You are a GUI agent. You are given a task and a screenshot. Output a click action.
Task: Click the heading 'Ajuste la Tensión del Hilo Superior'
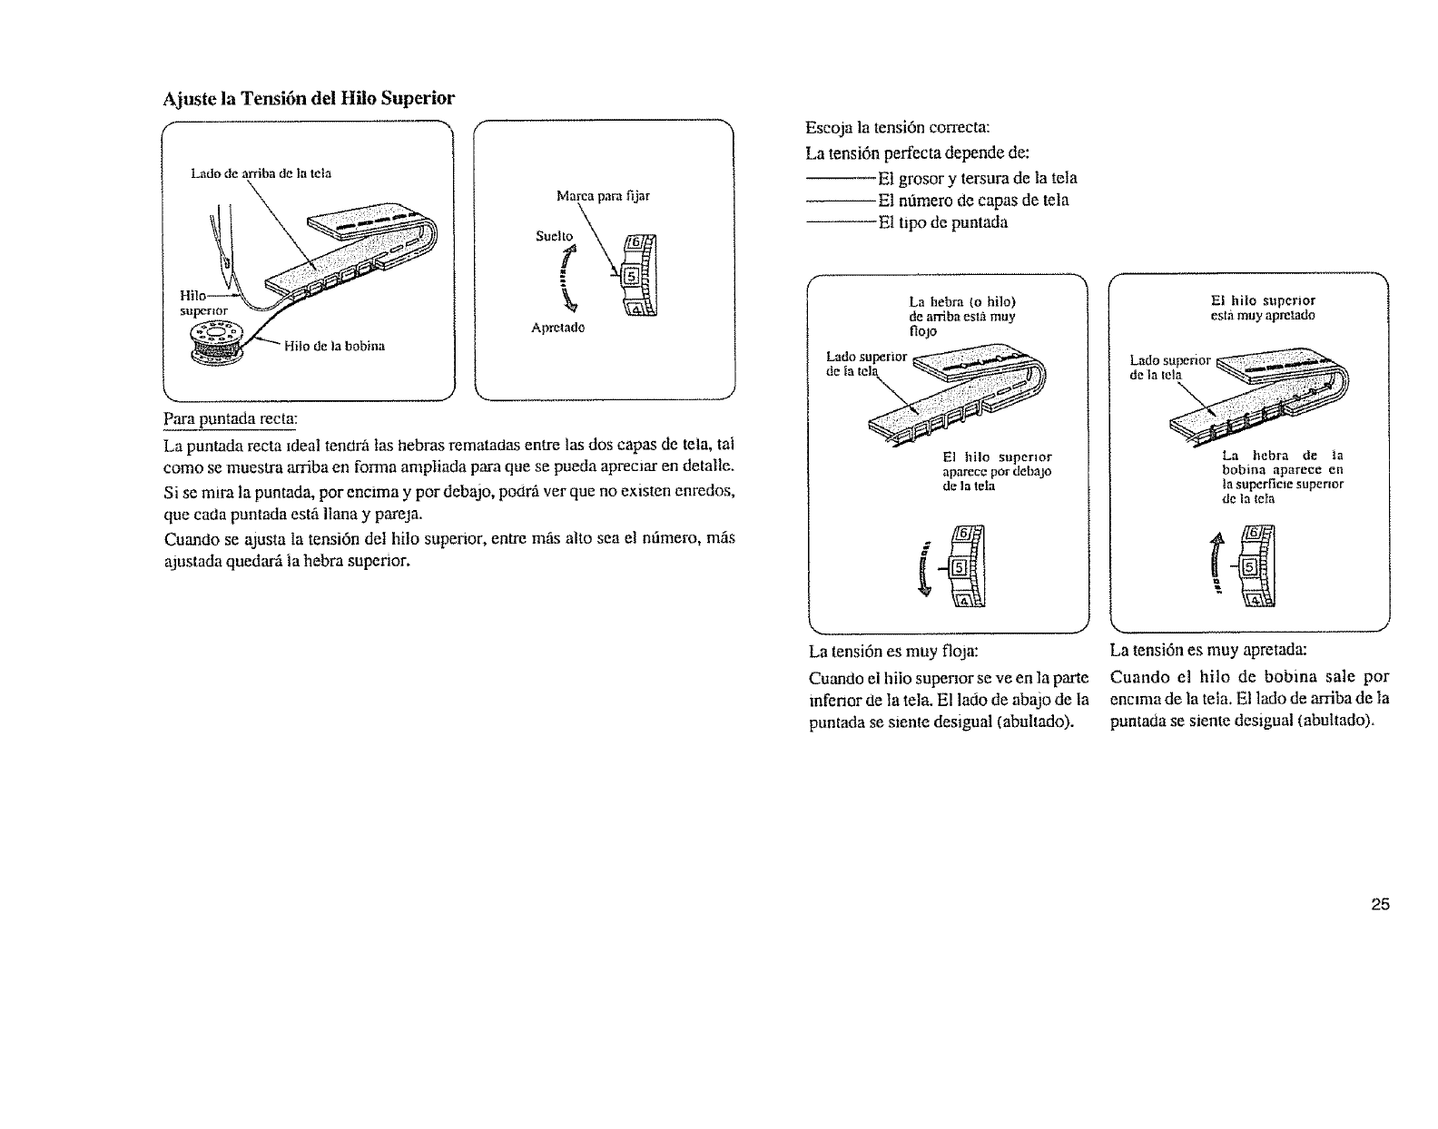pos(310,97)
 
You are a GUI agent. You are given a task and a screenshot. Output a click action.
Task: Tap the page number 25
pos(1380,904)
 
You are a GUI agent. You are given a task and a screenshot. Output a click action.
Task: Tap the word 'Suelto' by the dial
pos(554,236)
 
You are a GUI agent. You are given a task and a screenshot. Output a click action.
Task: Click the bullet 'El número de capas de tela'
pos(972,200)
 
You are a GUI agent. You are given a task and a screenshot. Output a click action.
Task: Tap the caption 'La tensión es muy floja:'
pos(892,651)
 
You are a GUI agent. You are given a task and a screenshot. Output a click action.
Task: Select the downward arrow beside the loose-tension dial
pos(924,569)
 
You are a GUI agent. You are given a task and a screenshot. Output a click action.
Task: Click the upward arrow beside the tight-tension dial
pos(1216,562)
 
